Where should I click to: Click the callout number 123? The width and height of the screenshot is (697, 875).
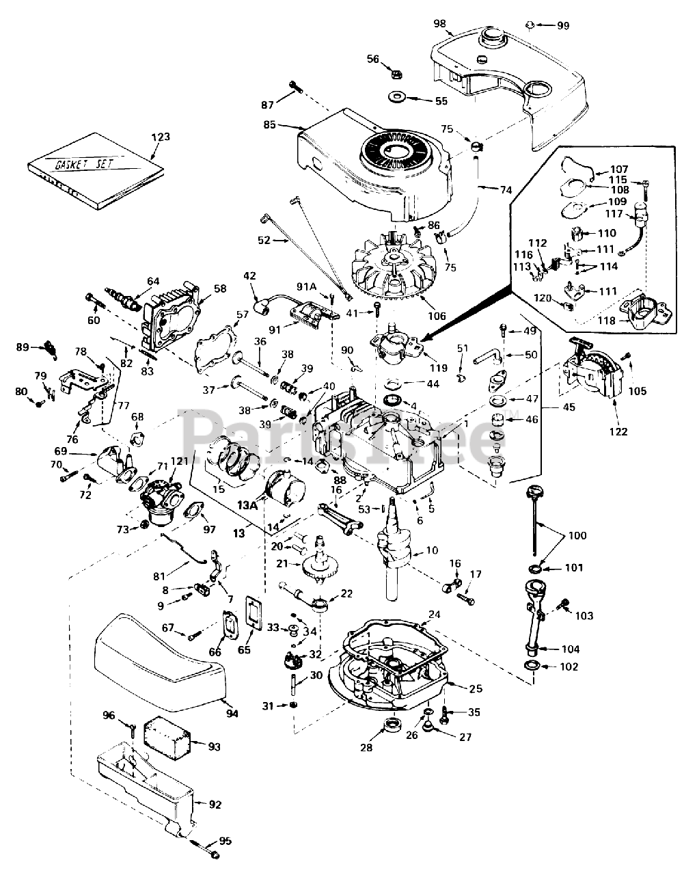click(x=161, y=137)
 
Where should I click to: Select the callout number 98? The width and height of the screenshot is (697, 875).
click(x=439, y=24)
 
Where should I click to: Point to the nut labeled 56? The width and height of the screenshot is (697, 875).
click(x=395, y=70)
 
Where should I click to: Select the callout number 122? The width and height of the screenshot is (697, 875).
click(x=618, y=431)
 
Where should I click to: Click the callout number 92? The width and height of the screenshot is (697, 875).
click(x=215, y=805)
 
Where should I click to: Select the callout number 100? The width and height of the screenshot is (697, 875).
click(x=577, y=535)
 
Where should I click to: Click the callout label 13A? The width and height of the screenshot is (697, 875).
click(x=247, y=505)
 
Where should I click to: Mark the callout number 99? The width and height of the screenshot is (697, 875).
click(x=562, y=25)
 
